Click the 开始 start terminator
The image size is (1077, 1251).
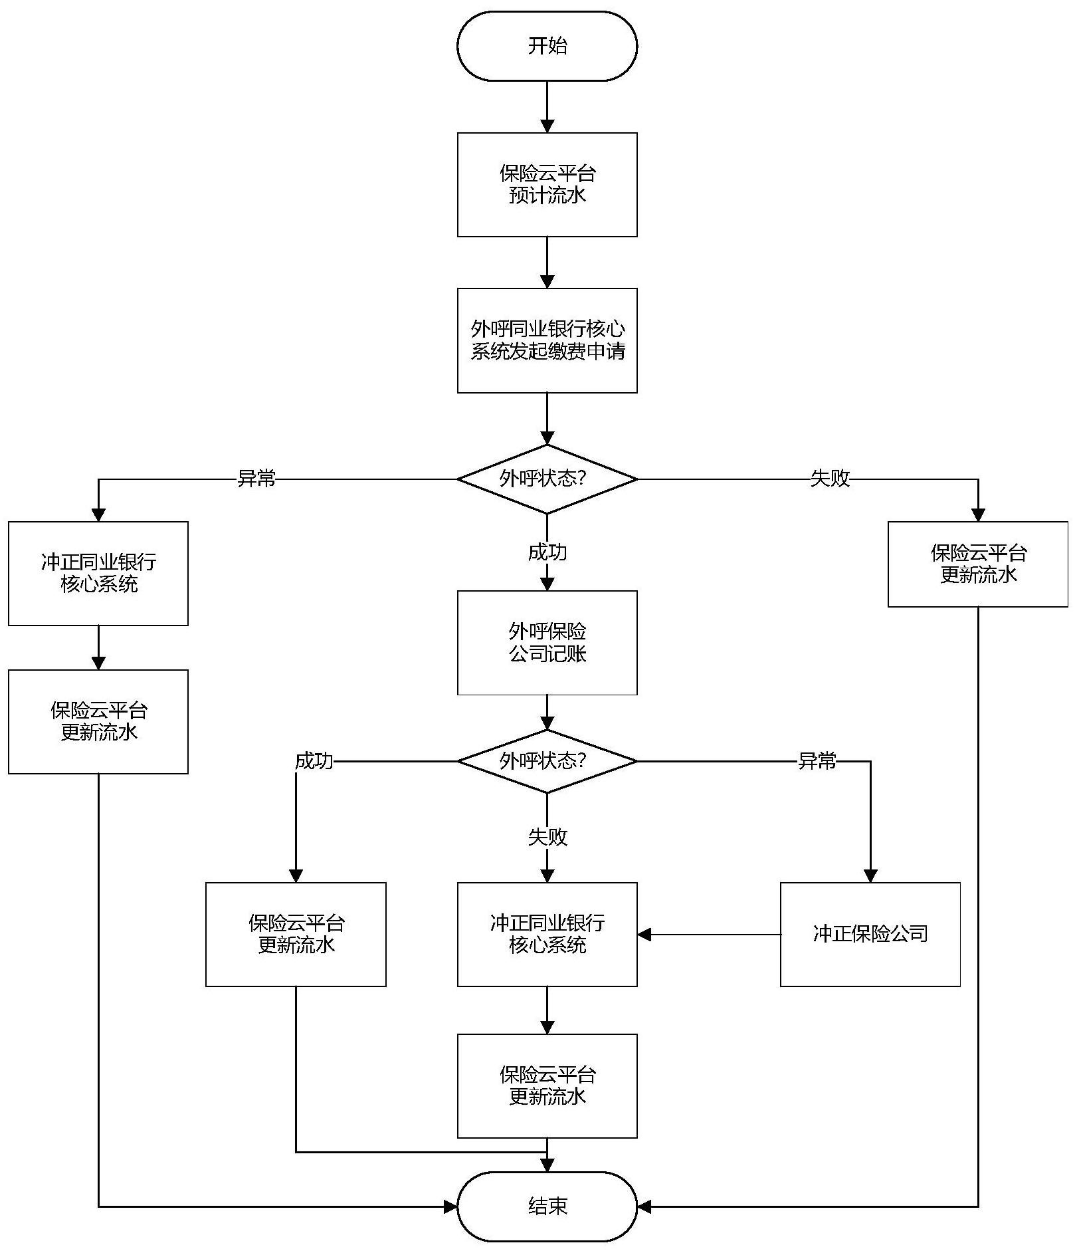[x=547, y=46]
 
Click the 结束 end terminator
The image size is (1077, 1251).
[x=547, y=1206]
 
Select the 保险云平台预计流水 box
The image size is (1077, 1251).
[x=547, y=185]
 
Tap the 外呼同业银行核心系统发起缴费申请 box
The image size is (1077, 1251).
[x=547, y=340]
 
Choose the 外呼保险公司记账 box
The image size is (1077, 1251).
[x=547, y=643]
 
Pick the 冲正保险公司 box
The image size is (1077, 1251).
[x=870, y=934]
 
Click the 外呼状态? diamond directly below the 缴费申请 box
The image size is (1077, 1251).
[x=547, y=479]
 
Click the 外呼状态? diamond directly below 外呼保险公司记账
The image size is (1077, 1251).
[x=547, y=761]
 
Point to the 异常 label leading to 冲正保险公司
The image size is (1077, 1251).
[x=817, y=761]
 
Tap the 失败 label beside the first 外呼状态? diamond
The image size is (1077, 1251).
[x=830, y=478]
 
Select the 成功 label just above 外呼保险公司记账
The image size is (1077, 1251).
[x=547, y=552]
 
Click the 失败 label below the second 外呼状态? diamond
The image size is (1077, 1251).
[x=547, y=837]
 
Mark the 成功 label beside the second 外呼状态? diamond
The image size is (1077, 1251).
[x=314, y=761]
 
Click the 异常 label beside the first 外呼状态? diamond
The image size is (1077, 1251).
[x=256, y=479]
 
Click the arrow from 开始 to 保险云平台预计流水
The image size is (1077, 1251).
[x=547, y=106]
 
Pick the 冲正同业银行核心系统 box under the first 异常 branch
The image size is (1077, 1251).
[x=98, y=573]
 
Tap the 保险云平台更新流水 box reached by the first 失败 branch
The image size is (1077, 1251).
[x=977, y=564]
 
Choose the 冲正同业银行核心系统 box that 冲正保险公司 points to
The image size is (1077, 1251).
[x=547, y=934]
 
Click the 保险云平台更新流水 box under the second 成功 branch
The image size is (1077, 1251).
[x=296, y=934]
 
